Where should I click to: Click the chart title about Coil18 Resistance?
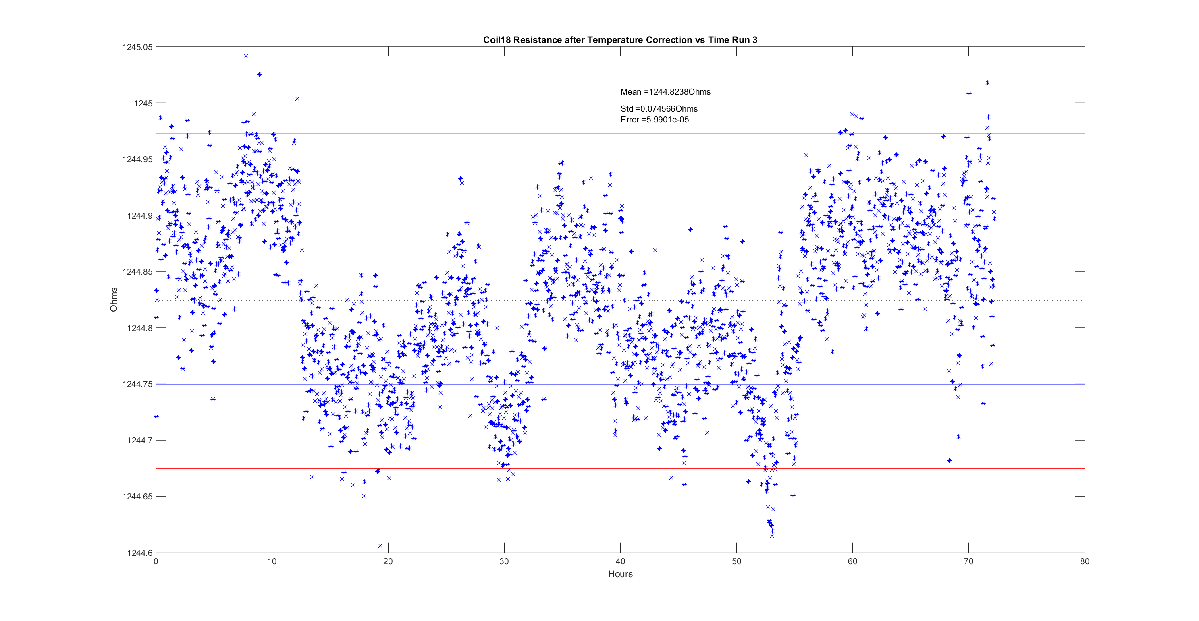pyautogui.click(x=619, y=40)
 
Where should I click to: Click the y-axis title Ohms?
pyautogui.click(x=114, y=299)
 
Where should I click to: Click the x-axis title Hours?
pyautogui.click(x=620, y=574)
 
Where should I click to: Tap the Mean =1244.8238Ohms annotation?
pyautogui.click(x=665, y=92)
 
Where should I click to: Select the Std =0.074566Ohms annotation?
pyautogui.click(x=659, y=109)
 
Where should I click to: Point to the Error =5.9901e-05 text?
pyautogui.click(x=655, y=120)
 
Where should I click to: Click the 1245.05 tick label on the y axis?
pyautogui.click(x=137, y=47)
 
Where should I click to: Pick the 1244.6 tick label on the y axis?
pyautogui.click(x=139, y=553)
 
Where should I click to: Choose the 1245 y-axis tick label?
pyautogui.click(x=143, y=103)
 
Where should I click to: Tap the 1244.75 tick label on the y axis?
pyautogui.click(x=137, y=384)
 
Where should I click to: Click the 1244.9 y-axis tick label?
pyautogui.click(x=139, y=216)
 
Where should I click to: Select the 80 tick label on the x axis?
pyautogui.click(x=1085, y=561)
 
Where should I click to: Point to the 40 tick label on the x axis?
pyautogui.click(x=620, y=561)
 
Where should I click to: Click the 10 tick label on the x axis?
pyautogui.click(x=272, y=561)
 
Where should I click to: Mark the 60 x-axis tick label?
pyautogui.click(x=852, y=561)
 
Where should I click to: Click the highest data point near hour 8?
pyautogui.click(x=246, y=56)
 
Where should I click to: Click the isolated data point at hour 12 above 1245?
pyautogui.click(x=297, y=99)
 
